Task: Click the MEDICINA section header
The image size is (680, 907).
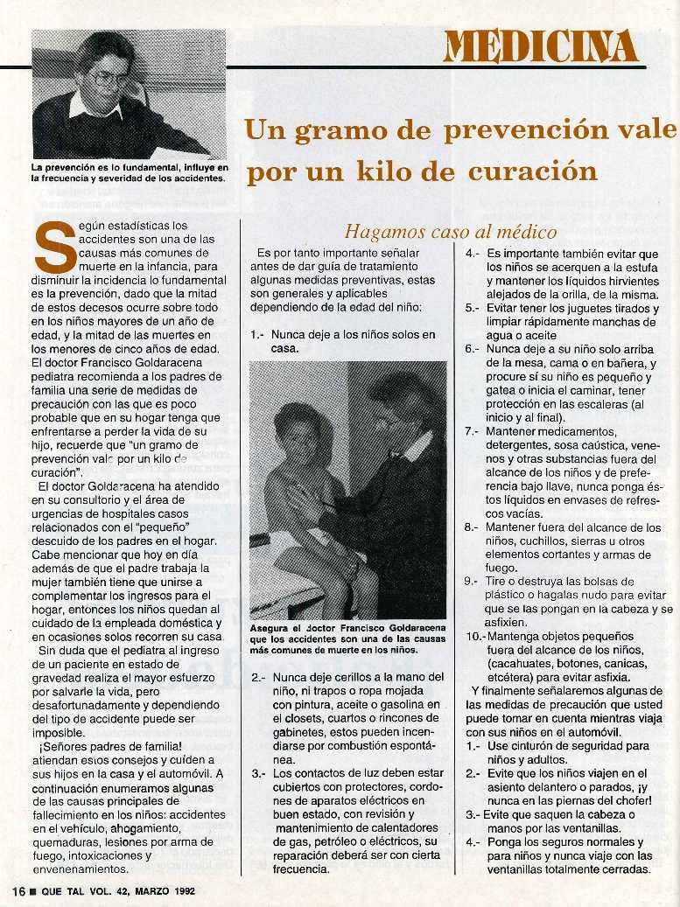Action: click(540, 46)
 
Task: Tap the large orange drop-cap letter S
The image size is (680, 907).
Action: click(52, 247)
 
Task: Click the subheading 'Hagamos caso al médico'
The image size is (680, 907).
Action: click(451, 232)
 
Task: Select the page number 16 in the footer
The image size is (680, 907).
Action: click(17, 890)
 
